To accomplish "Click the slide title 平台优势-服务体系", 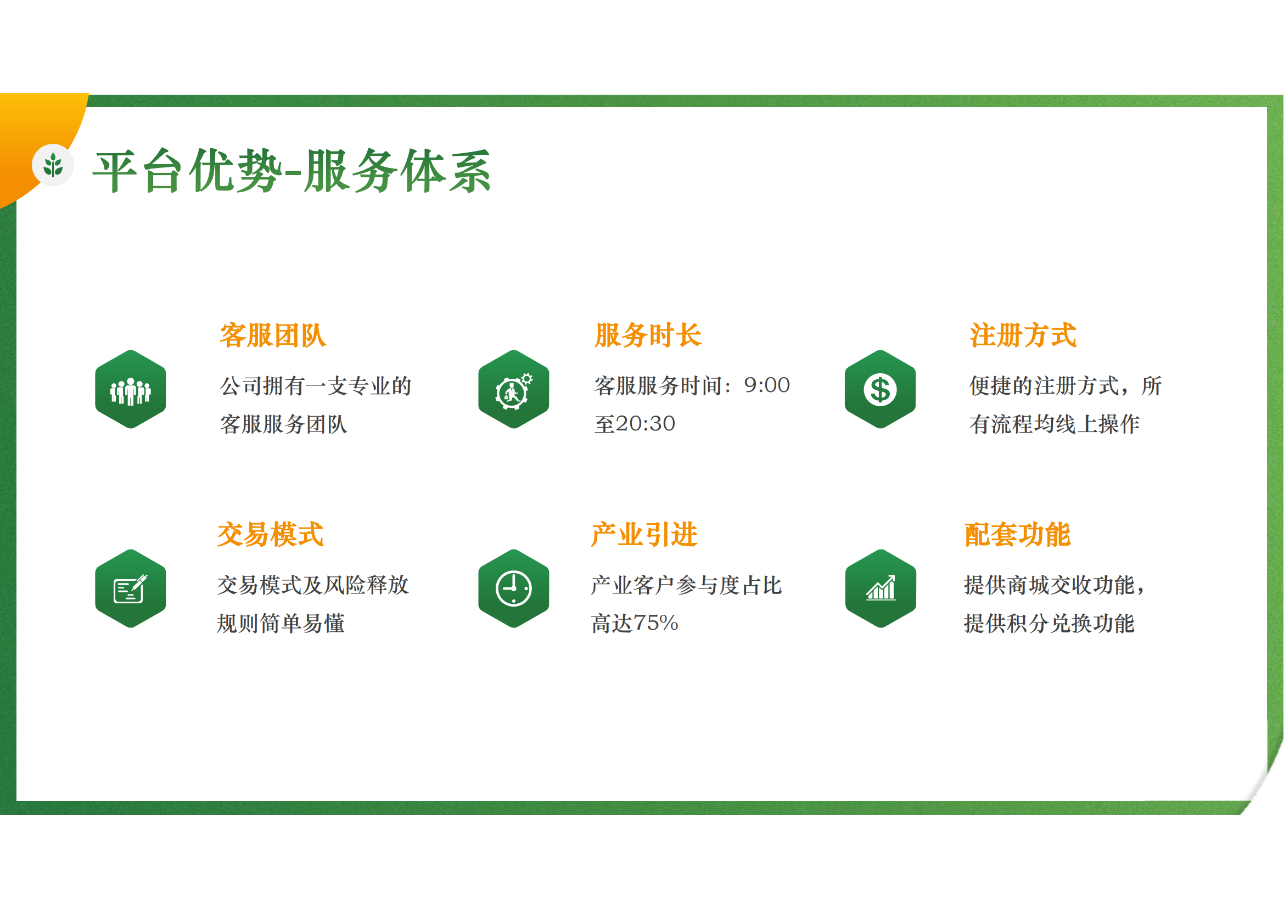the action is pyautogui.click(x=291, y=171).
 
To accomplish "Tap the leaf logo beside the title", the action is pyautogui.click(x=53, y=165).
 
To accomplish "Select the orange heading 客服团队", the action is pyautogui.click(x=273, y=335).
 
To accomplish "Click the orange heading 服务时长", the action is pyautogui.click(x=648, y=335).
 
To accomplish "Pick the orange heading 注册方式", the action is pyautogui.click(x=1023, y=335).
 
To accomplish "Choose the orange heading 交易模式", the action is pyautogui.click(x=271, y=535).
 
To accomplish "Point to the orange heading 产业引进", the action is pyautogui.click(x=644, y=535).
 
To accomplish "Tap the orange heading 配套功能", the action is pyautogui.click(x=1018, y=535).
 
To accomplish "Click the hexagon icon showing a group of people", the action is pyautogui.click(x=130, y=390).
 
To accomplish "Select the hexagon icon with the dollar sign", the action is pyautogui.click(x=880, y=390).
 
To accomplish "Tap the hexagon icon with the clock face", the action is pyautogui.click(x=513, y=588).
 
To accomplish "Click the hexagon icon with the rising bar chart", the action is pyautogui.click(x=881, y=588).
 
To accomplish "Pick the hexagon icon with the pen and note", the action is pyautogui.click(x=130, y=588).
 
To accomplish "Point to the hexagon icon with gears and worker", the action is pyautogui.click(x=513, y=390).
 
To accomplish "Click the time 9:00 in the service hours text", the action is pyautogui.click(x=767, y=385).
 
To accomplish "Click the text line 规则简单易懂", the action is pyautogui.click(x=281, y=624).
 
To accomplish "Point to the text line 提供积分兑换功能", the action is pyautogui.click(x=1049, y=624).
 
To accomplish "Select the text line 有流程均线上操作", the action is pyautogui.click(x=1055, y=424).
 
